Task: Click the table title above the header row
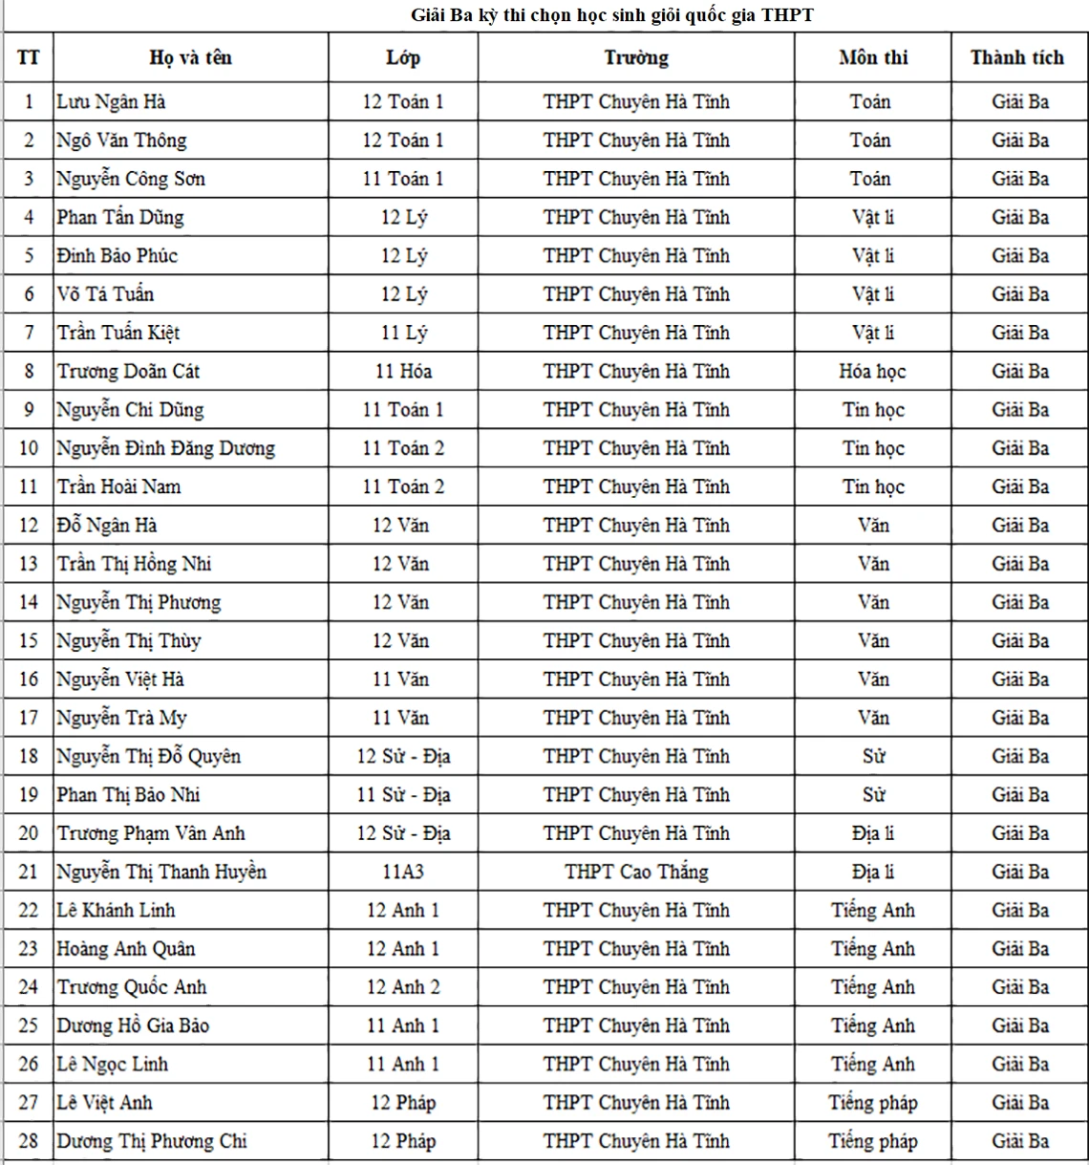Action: click(611, 15)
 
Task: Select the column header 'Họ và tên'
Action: click(191, 57)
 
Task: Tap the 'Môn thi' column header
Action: click(872, 57)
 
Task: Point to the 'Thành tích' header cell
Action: click(1016, 57)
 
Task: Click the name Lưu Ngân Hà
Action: click(111, 101)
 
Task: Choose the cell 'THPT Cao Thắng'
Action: click(636, 872)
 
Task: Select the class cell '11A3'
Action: click(402, 872)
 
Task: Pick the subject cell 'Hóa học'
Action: click(872, 371)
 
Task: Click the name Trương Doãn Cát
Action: click(128, 371)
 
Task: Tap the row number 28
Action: click(29, 1141)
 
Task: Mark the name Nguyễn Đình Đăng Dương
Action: click(165, 448)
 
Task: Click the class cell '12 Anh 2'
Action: click(402, 987)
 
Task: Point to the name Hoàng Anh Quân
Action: click(126, 949)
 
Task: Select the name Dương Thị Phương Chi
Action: click(151, 1141)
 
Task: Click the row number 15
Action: click(29, 641)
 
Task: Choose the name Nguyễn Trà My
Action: click(121, 718)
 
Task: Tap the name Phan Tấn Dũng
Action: click(119, 217)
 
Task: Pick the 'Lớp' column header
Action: click(402, 57)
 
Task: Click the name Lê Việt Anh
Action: click(104, 1103)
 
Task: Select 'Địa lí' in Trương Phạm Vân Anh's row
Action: click(872, 833)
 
